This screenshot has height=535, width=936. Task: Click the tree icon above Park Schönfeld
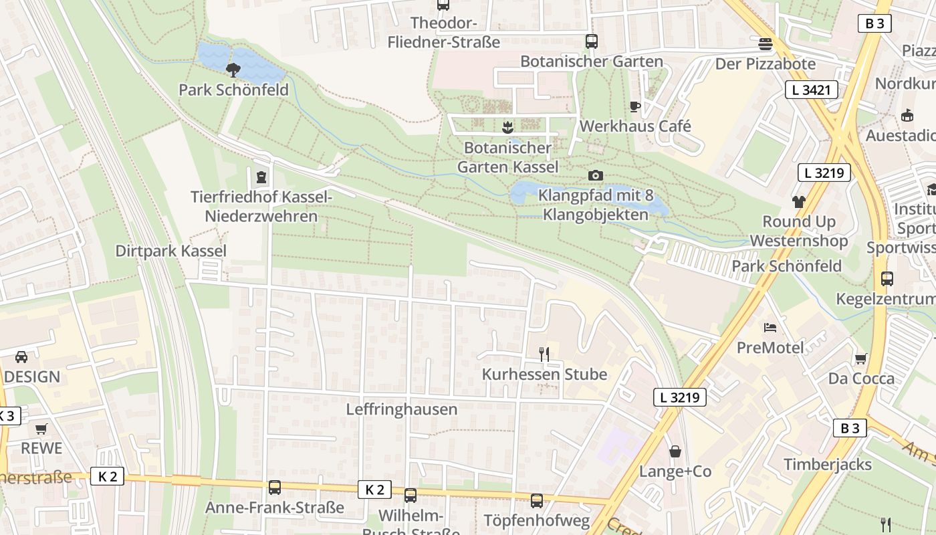point(233,70)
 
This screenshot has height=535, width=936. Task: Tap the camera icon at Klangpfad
point(595,176)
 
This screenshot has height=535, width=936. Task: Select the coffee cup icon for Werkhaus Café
point(635,106)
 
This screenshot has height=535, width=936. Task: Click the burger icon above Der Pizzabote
point(766,44)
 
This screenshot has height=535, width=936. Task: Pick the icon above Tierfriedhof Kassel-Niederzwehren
point(260,177)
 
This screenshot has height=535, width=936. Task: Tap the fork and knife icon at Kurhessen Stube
point(544,354)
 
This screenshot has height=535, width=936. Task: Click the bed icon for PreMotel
point(770,328)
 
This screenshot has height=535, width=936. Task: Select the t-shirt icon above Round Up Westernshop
point(798,201)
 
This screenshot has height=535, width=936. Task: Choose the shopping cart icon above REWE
point(41,429)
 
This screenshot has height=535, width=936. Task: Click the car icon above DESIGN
point(21,357)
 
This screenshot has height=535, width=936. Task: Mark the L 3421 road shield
point(811,90)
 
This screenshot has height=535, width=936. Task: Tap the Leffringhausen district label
point(401,409)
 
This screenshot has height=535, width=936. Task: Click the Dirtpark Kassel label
point(171,251)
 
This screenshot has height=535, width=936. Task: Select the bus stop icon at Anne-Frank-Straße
point(274,488)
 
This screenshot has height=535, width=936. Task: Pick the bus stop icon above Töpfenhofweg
point(536,501)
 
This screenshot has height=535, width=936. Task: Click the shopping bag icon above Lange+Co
point(675,451)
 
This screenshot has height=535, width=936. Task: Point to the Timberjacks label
point(828,464)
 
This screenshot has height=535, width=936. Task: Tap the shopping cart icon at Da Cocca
point(860,359)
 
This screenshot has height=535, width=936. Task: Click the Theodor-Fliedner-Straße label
point(444,32)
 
